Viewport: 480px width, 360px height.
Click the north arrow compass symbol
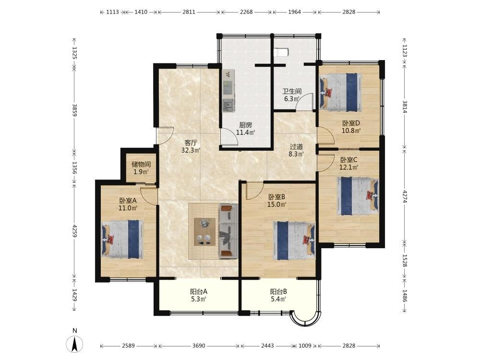click(x=75, y=344)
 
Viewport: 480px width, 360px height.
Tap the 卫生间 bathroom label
click(x=292, y=91)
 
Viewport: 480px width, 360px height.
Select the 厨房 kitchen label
click(x=245, y=125)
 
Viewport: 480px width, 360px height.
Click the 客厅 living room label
click(x=191, y=143)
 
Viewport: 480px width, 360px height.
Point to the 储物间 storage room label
click(x=141, y=164)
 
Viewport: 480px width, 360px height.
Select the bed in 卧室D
click(x=340, y=92)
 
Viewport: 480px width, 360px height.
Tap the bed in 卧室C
click(x=358, y=196)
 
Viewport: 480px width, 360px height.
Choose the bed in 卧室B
click(x=294, y=241)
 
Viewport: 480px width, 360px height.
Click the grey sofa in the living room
click(x=228, y=231)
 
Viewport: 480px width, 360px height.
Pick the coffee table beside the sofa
click(x=204, y=232)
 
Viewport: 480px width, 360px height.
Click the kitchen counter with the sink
click(x=228, y=91)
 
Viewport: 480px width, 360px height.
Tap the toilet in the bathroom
click(x=281, y=52)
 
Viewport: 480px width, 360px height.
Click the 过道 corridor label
click(x=296, y=146)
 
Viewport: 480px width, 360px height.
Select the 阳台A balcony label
click(x=199, y=292)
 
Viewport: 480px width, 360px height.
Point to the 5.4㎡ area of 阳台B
click(x=278, y=300)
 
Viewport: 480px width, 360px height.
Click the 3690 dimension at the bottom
click(x=199, y=346)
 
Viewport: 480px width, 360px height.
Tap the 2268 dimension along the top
click(x=246, y=12)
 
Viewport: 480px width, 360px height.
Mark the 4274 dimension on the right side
click(x=405, y=196)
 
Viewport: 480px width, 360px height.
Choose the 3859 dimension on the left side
click(x=74, y=110)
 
